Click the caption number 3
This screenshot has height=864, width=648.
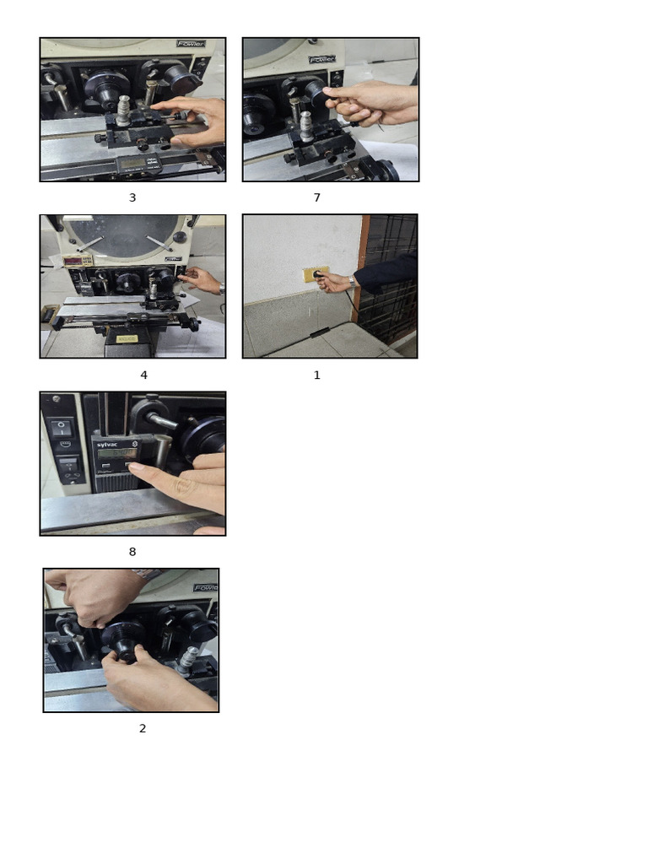pos(132,197)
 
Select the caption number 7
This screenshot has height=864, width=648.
pos(317,197)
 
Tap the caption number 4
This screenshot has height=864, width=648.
pos(143,375)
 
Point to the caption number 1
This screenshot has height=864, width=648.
pos(317,375)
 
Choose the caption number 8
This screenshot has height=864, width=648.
pos(132,552)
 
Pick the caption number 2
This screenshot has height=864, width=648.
pos(143,728)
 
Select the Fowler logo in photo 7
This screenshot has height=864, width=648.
pos(321,60)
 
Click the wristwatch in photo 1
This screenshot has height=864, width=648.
pos(350,283)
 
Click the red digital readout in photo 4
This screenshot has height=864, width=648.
pos(77,262)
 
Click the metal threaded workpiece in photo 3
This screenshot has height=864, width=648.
pos(124,110)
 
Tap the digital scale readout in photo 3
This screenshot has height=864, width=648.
pos(133,162)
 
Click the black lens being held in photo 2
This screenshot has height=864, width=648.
pos(124,640)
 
